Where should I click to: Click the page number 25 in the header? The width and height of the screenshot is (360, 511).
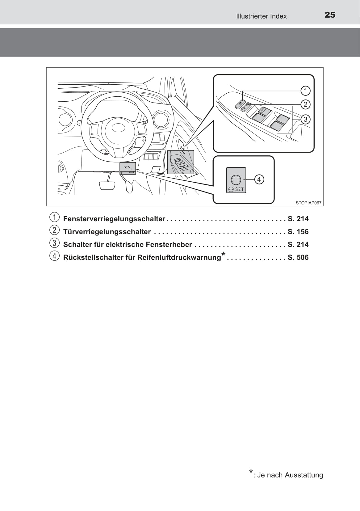coord(330,15)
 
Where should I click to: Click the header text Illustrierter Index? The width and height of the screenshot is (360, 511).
coord(261,16)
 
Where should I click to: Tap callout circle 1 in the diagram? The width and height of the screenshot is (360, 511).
coord(305,91)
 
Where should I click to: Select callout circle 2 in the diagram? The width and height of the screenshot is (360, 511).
coord(305,104)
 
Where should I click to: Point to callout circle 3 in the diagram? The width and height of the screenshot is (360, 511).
coord(305,119)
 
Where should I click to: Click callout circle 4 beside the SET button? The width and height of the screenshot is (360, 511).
coord(259,179)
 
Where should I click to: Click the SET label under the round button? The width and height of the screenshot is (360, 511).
coord(239,189)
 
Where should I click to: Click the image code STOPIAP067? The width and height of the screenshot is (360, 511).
coord(308,203)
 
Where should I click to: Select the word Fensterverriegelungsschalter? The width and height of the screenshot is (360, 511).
coord(114,219)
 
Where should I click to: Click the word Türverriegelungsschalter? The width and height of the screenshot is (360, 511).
coord(107,232)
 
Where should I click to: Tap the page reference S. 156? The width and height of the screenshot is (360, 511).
coord(298,232)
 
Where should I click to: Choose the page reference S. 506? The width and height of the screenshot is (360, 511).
coord(298,258)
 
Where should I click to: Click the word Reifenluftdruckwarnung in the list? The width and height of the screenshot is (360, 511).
coord(179,258)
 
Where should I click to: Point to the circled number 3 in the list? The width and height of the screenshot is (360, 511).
coord(54,243)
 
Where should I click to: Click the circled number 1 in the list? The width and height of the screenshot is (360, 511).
coord(54,217)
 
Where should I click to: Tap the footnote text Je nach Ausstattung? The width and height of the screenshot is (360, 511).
coord(290,475)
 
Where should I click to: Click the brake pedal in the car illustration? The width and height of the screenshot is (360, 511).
coord(107,185)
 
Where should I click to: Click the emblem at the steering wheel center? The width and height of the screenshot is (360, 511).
coord(118,128)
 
